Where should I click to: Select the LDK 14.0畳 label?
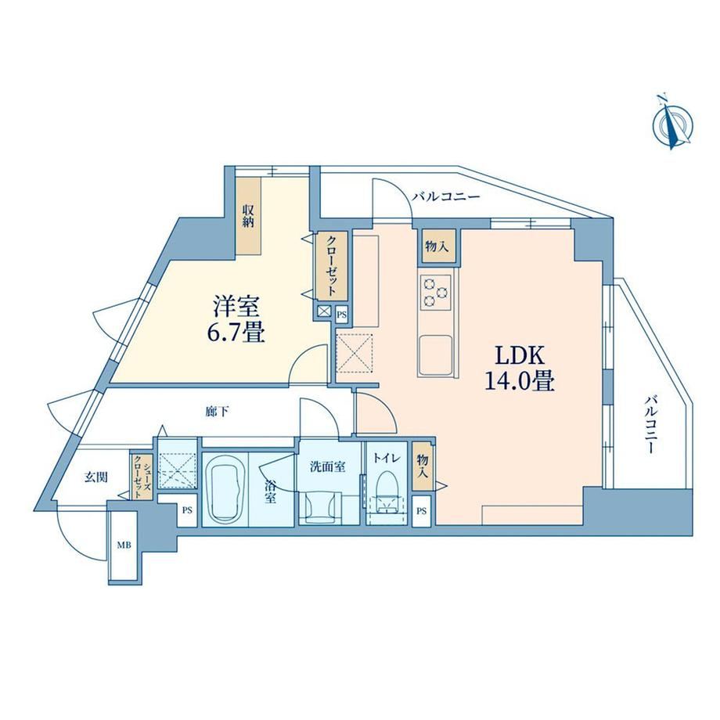pyautogui.click(x=520, y=369)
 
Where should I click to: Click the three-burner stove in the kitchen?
pyautogui.click(x=435, y=292)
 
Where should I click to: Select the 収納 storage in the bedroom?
pyautogui.click(x=248, y=218)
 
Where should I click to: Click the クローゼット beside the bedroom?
pyautogui.click(x=331, y=266)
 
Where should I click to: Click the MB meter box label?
pyautogui.click(x=124, y=545)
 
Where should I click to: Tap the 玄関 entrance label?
pyautogui.click(x=96, y=477)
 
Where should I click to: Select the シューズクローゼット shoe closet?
pyautogui.click(x=140, y=477)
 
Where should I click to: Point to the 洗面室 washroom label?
pyautogui.click(x=327, y=466)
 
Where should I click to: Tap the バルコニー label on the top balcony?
pyautogui.click(x=445, y=197)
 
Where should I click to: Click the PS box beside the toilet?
pyautogui.click(x=422, y=510)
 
